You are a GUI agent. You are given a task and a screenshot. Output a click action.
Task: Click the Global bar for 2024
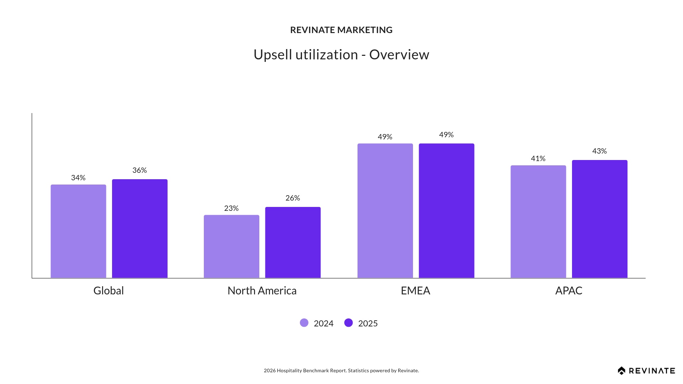tap(78, 231)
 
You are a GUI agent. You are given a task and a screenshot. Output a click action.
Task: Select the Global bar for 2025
tap(140, 229)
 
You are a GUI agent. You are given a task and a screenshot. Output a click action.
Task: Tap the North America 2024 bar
tap(232, 246)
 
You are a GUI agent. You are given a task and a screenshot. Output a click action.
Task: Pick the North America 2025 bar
tap(293, 242)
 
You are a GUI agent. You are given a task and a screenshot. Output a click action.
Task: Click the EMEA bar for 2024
tap(385, 210)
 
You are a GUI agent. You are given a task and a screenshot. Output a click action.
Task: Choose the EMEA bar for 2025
tap(446, 210)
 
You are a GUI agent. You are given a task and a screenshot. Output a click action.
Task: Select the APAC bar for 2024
tap(538, 222)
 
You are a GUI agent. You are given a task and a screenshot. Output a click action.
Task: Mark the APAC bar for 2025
tap(600, 219)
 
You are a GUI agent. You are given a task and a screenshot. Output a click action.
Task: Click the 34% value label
tap(78, 178)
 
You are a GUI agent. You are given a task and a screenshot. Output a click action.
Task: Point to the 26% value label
tap(293, 198)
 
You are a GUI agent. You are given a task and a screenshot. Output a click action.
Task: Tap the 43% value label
tap(599, 151)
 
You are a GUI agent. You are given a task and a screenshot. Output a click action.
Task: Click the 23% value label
tap(231, 208)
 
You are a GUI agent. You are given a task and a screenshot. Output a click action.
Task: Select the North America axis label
tap(262, 291)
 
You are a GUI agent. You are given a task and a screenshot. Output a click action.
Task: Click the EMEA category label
tap(415, 291)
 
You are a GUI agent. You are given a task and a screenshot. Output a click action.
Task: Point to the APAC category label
tap(568, 291)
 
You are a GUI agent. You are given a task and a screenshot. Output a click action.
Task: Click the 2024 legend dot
tap(304, 323)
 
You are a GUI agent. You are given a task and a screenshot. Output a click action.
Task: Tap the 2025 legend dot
tap(349, 323)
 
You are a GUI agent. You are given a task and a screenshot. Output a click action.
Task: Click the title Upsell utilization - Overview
tap(341, 55)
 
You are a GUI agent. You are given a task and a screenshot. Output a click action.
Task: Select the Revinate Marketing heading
tap(341, 30)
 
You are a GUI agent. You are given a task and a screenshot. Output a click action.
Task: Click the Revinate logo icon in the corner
tap(621, 371)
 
